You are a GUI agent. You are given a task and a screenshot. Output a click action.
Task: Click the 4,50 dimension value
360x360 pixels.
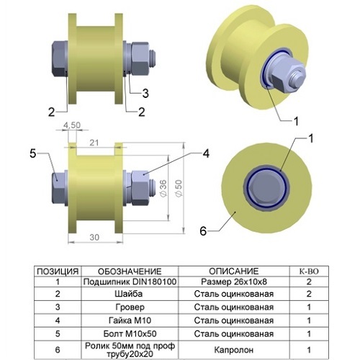(72, 125)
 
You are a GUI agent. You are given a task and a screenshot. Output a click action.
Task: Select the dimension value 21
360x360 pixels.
(94, 143)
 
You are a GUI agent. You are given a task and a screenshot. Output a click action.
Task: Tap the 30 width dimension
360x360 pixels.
(94, 238)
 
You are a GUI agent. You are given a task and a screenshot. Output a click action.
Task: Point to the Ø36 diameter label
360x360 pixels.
(163, 189)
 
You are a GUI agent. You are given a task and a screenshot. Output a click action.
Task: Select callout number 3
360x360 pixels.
(145, 94)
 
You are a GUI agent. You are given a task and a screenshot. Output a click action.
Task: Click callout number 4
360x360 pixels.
(206, 153)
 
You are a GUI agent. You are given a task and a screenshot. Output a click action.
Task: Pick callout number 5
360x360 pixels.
(33, 153)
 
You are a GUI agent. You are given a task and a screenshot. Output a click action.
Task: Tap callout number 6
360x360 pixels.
(203, 231)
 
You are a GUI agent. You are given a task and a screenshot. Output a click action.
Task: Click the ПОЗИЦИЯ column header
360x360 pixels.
(58, 271)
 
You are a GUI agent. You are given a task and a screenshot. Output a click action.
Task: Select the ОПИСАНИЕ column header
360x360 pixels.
(234, 271)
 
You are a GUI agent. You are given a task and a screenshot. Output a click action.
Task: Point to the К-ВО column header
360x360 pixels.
(309, 271)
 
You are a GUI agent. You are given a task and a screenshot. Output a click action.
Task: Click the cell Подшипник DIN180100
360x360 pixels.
(130, 282)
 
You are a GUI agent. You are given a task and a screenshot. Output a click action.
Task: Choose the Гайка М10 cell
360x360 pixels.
(130, 320)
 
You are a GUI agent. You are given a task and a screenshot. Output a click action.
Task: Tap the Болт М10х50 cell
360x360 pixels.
(130, 333)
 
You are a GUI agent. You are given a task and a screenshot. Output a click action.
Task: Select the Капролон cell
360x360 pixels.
(234, 350)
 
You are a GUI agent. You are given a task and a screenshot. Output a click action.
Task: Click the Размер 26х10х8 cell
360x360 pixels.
(234, 282)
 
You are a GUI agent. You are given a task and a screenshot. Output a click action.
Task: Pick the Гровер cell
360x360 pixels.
(130, 307)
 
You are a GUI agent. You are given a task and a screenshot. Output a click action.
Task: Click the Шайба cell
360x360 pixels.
(129, 294)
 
